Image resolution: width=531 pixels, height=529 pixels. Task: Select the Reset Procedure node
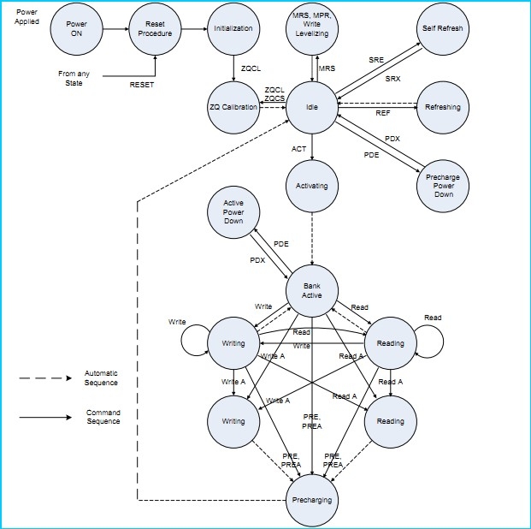[x=155, y=28]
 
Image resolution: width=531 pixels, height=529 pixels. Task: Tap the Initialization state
[x=233, y=28]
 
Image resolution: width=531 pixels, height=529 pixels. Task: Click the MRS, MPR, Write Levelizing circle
[x=313, y=29]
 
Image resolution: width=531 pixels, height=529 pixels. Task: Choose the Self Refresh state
[x=442, y=28]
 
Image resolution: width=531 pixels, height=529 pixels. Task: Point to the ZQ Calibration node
[x=233, y=107]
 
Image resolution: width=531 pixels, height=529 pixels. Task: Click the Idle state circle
[x=313, y=107]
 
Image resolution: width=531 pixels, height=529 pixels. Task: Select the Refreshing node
[x=442, y=108]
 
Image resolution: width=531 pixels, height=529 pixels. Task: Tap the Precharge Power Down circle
[x=442, y=185]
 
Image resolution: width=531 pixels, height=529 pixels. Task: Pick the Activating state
[x=313, y=186]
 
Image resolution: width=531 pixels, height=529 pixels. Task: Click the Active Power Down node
[x=233, y=212]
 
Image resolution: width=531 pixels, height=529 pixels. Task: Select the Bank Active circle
[x=313, y=290]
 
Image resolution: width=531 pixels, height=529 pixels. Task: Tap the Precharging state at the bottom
[x=313, y=499]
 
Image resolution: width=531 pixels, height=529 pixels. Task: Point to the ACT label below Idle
[x=298, y=149]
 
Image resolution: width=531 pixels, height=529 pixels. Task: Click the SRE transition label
[x=376, y=61]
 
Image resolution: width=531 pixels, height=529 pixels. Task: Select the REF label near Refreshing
[x=383, y=113]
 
